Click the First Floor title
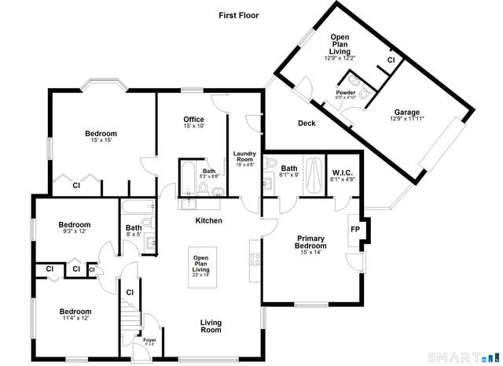[x=239, y=15]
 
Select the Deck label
[x=307, y=124]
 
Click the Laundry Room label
[x=245, y=157]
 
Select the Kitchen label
[x=209, y=221]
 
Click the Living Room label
[x=210, y=325]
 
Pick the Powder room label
[x=347, y=93]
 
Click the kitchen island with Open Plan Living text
[x=202, y=267]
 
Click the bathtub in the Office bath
[x=189, y=179]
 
